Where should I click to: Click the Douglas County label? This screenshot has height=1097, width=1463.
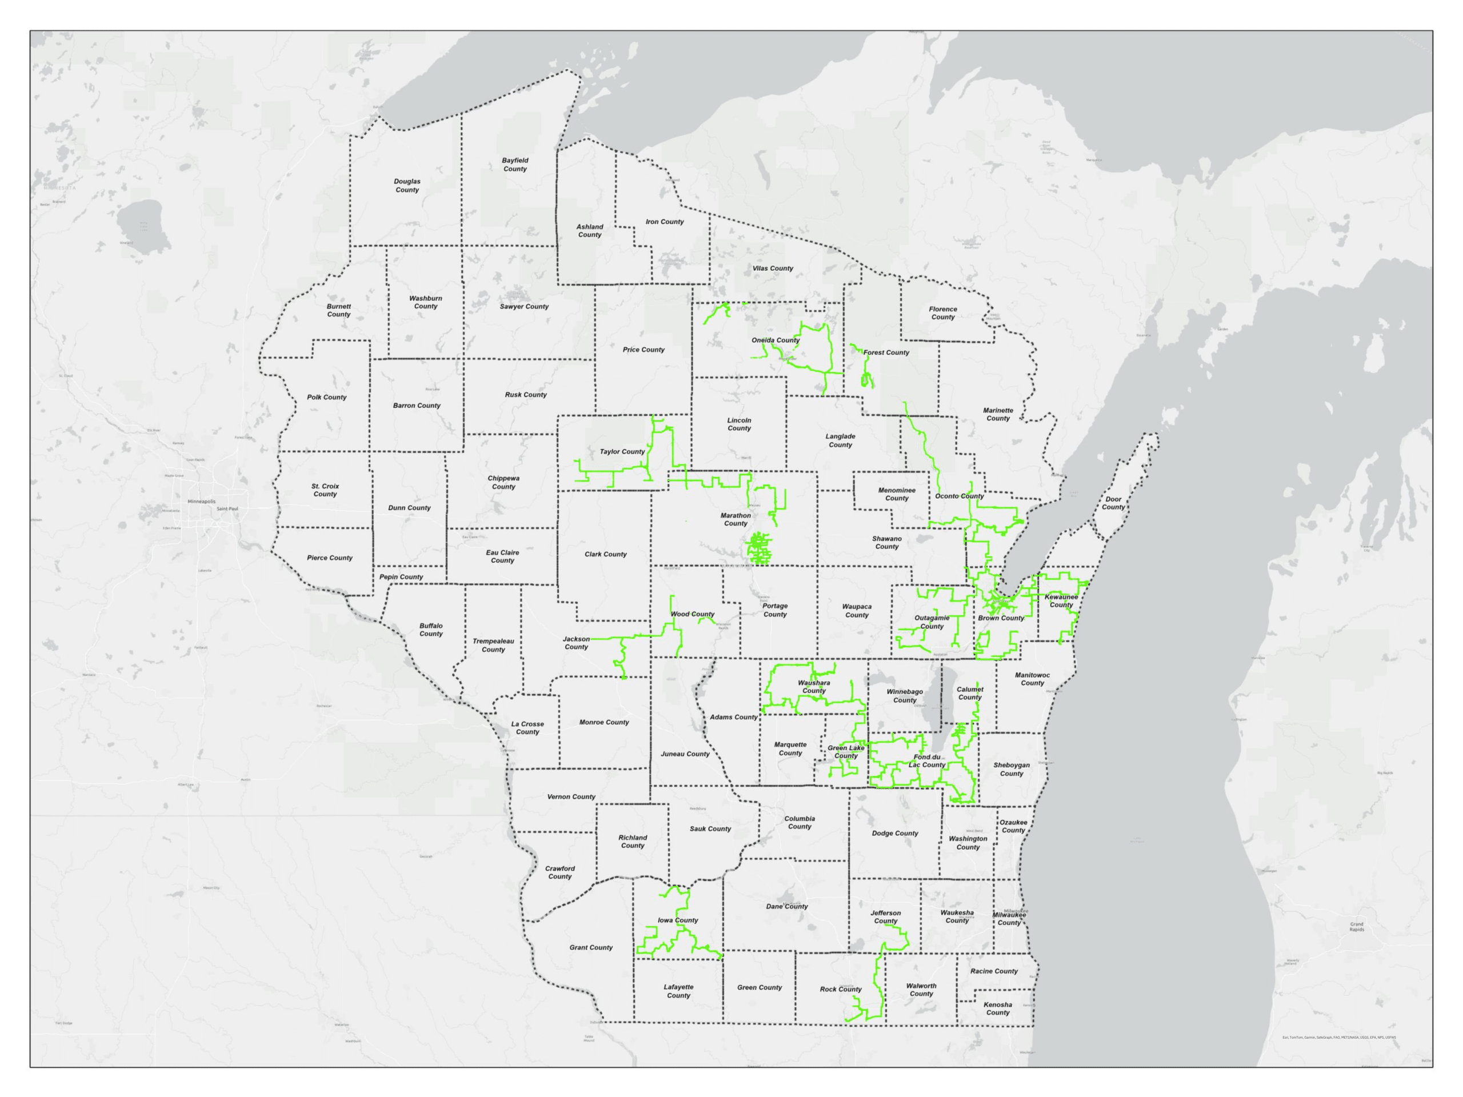407,185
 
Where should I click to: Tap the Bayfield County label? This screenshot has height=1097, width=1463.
514,165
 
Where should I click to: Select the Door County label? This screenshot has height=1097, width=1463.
1113,503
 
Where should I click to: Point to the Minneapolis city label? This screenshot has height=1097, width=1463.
201,501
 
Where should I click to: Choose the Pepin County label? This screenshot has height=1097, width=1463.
401,576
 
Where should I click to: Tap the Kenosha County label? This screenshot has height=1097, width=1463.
997,1008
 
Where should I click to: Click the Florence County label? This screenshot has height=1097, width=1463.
942,313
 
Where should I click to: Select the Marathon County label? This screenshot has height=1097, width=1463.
736,519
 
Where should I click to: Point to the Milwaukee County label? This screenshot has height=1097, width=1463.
1009,919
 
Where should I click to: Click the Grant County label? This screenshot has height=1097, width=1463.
590,947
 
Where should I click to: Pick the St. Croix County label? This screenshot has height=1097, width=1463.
325,490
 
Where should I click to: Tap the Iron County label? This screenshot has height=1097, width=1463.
665,222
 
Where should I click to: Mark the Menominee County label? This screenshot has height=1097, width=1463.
896,494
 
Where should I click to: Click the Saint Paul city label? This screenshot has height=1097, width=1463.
227,509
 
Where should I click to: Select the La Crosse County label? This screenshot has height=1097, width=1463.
527,727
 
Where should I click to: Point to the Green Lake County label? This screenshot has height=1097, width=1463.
846,752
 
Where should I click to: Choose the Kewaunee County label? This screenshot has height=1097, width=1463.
1061,600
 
